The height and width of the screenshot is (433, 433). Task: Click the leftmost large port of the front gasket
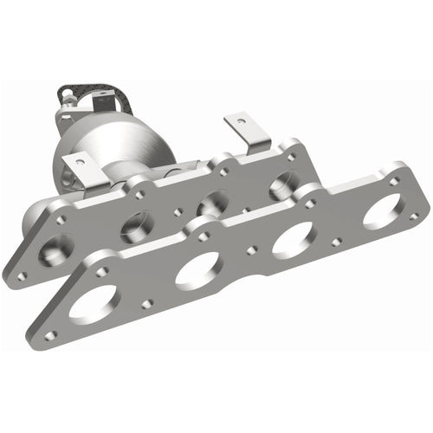pyautogui.click(x=94, y=304)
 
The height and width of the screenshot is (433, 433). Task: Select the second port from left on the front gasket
pyautogui.click(x=197, y=270)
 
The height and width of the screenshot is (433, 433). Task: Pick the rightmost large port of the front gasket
pyautogui.click(x=382, y=210)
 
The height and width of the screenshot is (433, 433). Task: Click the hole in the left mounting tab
pyautogui.click(x=80, y=160)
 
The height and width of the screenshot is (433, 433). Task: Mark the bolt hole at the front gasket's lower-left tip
pyautogui.click(x=51, y=334)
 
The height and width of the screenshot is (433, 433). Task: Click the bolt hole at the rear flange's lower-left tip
pyautogui.click(x=23, y=276)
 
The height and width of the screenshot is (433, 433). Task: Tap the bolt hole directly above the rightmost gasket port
pyautogui.click(x=394, y=182)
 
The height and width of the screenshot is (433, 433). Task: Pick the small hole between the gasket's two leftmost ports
pyautogui.click(x=145, y=303)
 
